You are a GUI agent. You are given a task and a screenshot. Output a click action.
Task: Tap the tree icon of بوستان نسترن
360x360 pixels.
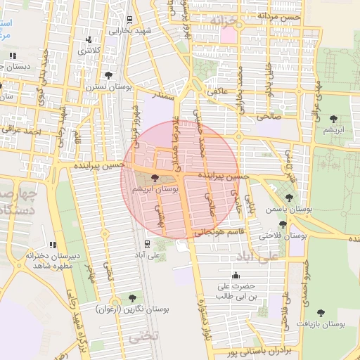point(108,75)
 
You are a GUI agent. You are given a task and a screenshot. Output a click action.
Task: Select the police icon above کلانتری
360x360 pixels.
point(89,40)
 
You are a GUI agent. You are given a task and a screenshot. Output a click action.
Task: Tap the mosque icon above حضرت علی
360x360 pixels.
point(235,275)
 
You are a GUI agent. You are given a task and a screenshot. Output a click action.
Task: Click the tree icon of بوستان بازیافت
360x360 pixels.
point(321,312)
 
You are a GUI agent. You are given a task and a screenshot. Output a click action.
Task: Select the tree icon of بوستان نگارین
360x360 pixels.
point(131,298)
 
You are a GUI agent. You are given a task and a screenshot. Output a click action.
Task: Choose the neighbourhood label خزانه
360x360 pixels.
point(230,23)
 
